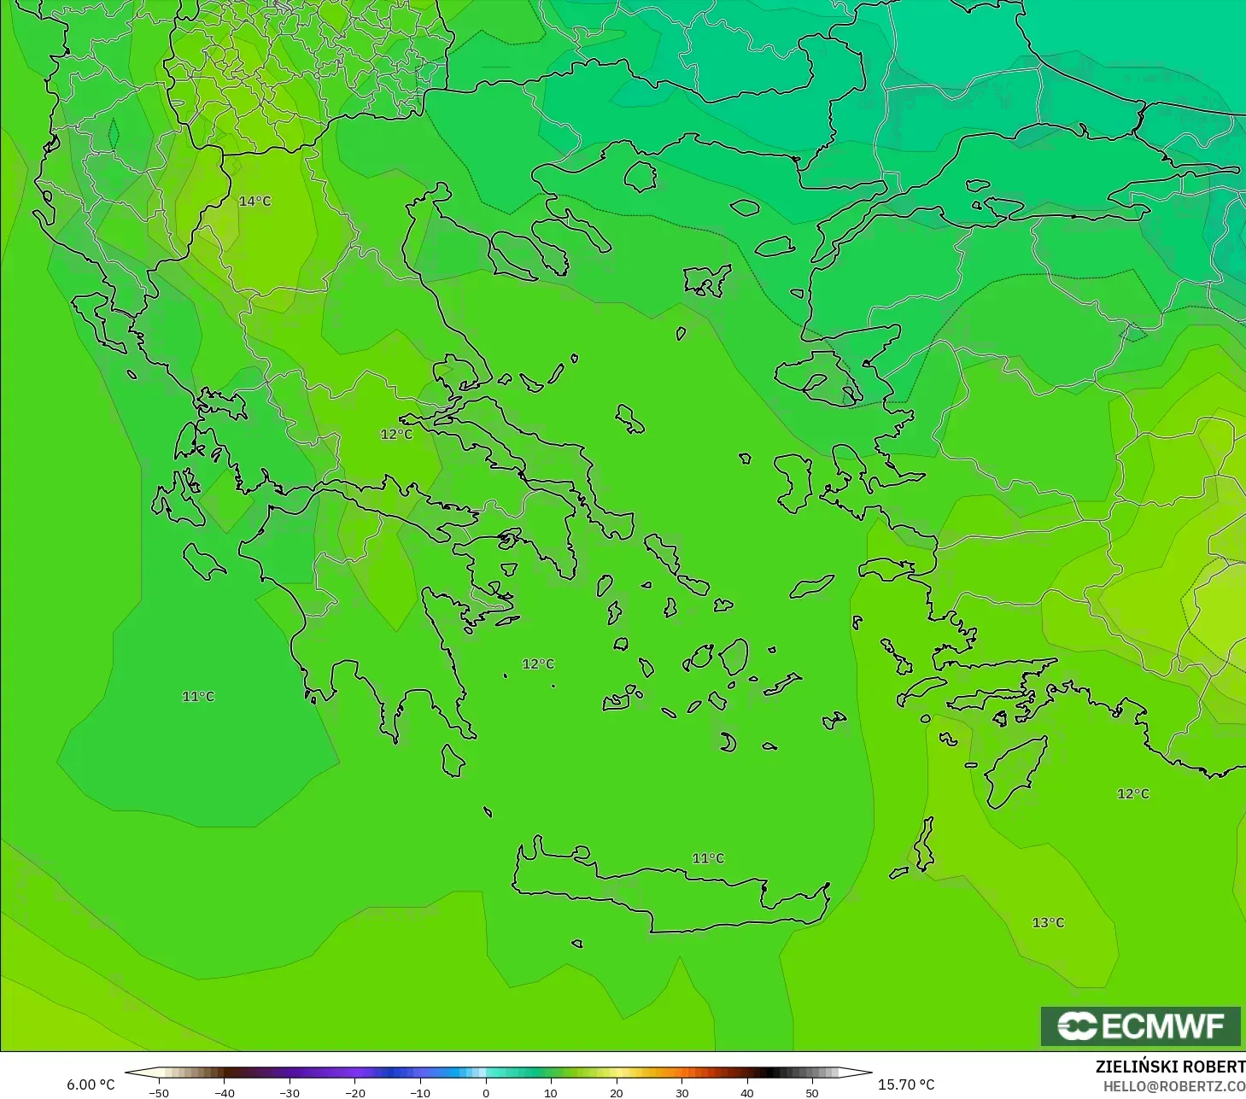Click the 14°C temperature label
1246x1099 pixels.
pos(254,202)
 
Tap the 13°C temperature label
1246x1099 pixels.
pos(1048,923)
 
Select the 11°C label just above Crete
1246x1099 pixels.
pos(708,858)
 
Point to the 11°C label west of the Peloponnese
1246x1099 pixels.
pos(198,697)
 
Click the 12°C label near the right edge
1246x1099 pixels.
pos(1133,794)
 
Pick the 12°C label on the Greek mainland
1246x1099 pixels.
pos(396,435)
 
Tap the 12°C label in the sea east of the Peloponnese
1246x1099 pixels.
pos(538,664)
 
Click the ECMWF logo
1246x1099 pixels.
pos(1140,1026)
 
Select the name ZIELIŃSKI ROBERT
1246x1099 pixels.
pos(1170,1067)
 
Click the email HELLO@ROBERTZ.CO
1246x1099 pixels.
pos(1173,1086)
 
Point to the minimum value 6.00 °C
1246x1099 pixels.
pos(91,1084)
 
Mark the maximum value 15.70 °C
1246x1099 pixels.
pos(906,1084)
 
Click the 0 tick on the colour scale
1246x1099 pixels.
pos(485,1092)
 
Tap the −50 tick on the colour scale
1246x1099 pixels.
pos(159,1092)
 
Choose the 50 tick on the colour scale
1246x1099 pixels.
pos(812,1092)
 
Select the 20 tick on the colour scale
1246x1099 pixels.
pos(616,1092)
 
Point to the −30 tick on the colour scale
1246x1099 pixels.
pos(290,1092)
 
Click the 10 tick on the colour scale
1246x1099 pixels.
pos(551,1092)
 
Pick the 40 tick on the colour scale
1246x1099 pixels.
pos(747,1092)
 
